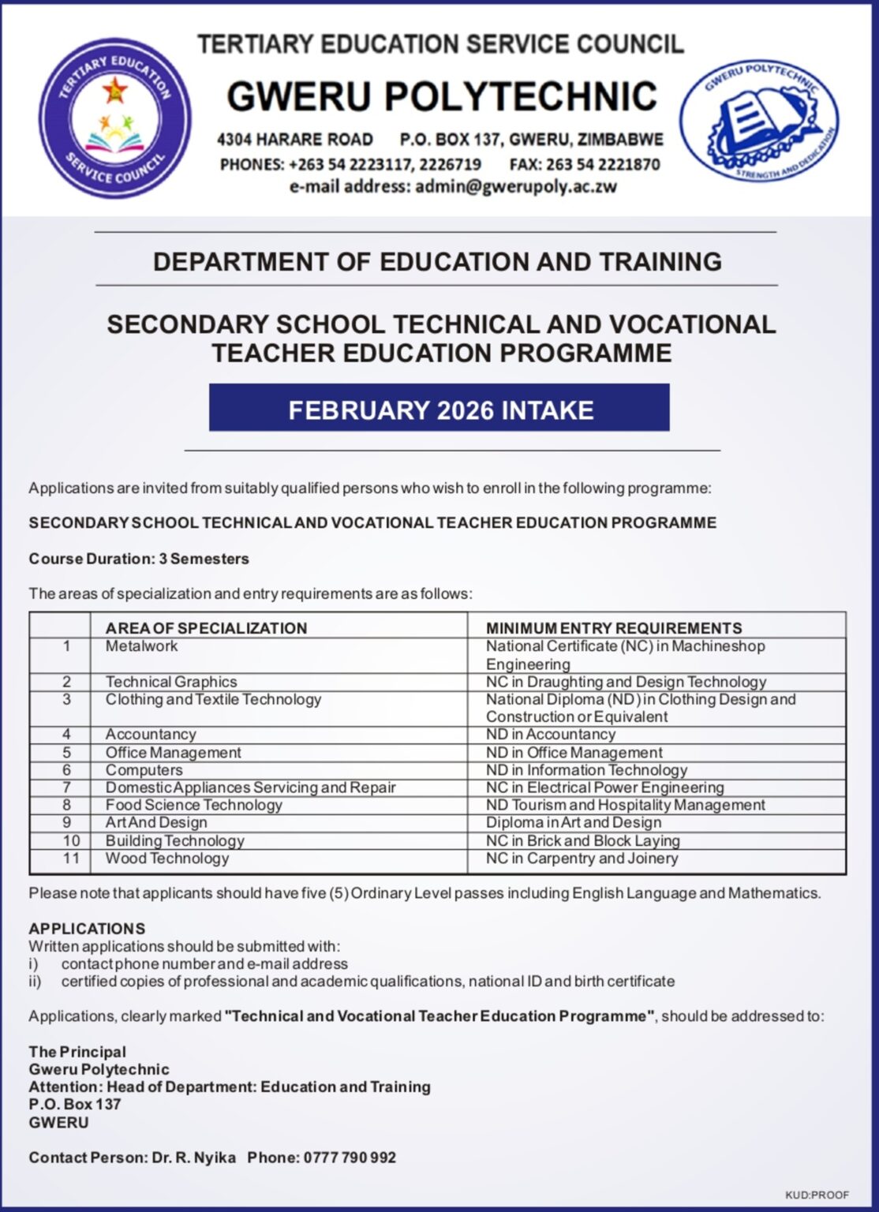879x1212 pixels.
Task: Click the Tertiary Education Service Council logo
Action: click(x=115, y=118)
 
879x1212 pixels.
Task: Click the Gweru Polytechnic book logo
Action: click(x=759, y=120)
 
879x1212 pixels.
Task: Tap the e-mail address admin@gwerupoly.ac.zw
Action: click(x=516, y=187)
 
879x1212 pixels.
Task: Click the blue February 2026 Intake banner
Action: click(x=439, y=408)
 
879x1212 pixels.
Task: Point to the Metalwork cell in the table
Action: click(x=142, y=646)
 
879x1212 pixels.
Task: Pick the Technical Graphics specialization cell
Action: click(x=171, y=682)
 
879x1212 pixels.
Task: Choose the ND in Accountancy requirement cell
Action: click(x=551, y=735)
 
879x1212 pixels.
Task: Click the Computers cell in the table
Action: click(x=144, y=770)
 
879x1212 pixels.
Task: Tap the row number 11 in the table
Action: click(x=71, y=858)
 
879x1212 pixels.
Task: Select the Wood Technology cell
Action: click(x=167, y=858)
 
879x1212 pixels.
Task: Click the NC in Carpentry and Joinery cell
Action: click(x=582, y=858)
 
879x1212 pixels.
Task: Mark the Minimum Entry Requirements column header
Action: click(x=614, y=628)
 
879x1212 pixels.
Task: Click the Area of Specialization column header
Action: click(x=206, y=628)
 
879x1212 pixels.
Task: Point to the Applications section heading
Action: click(x=87, y=929)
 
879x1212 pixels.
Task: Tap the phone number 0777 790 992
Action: click(x=348, y=1158)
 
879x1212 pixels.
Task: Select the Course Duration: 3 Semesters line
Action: click(x=139, y=559)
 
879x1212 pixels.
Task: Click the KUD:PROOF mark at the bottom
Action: click(x=817, y=1195)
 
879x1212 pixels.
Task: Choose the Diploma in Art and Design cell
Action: click(x=574, y=822)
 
